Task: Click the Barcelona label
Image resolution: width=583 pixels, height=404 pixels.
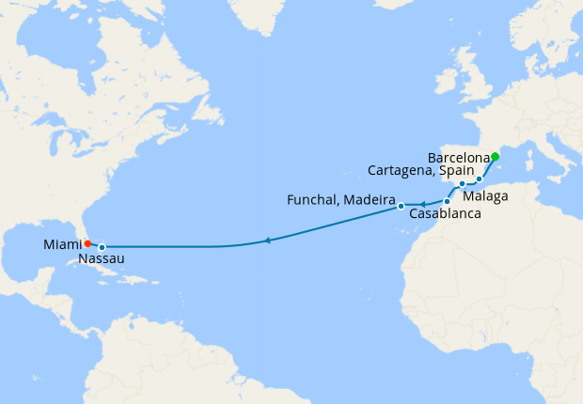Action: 458,157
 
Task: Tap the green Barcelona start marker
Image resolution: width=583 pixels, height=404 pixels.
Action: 495,157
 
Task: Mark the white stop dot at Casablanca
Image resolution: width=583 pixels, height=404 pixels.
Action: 447,202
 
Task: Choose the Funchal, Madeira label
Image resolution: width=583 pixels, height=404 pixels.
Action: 339,199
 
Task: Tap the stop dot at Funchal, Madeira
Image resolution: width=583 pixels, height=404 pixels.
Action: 401,206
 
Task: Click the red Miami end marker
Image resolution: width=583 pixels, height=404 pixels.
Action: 87,243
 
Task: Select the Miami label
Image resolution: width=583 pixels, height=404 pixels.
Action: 61,244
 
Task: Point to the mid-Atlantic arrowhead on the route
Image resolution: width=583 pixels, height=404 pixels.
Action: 268,241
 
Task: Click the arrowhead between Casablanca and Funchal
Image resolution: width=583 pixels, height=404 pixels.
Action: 422,203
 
